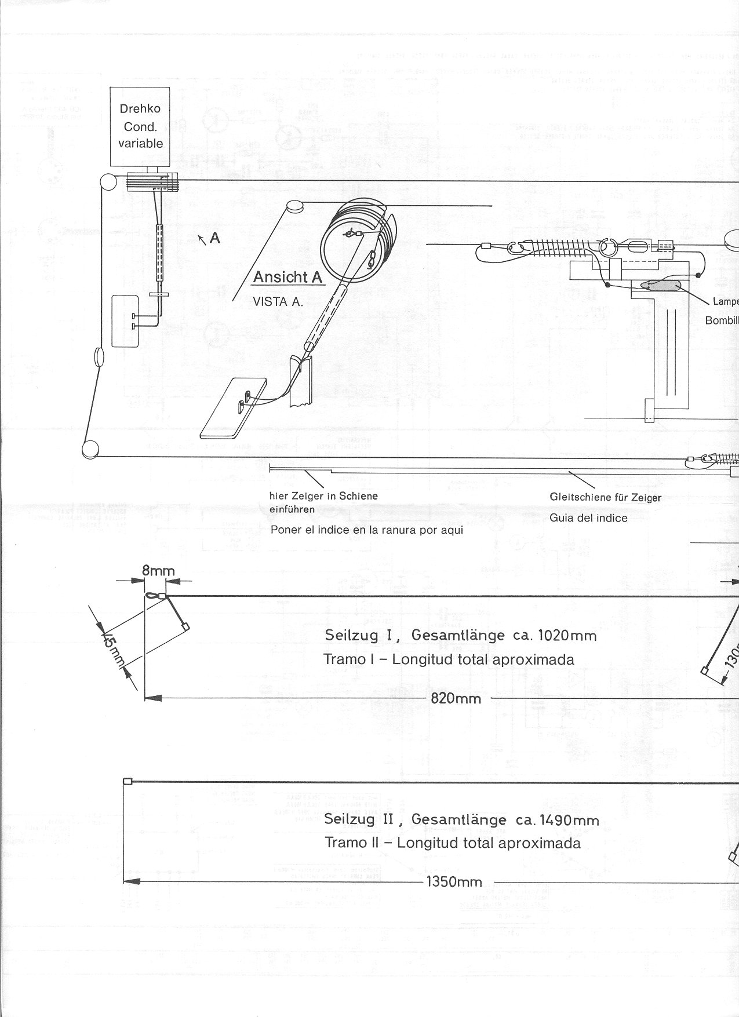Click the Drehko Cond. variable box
[140, 126]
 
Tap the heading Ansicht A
[287, 278]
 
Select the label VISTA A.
[278, 302]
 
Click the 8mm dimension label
[158, 571]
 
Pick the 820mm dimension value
[456, 698]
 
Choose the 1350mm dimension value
[454, 882]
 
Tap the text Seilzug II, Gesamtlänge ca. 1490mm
[461, 819]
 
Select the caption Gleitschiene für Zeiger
[605, 497]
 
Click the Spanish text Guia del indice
[588, 518]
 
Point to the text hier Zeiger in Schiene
[323, 496]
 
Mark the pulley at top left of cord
[108, 182]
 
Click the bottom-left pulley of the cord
[90, 449]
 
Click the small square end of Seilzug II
[128, 782]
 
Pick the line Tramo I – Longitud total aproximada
[449, 659]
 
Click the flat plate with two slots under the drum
[234, 408]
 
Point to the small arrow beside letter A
[202, 239]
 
